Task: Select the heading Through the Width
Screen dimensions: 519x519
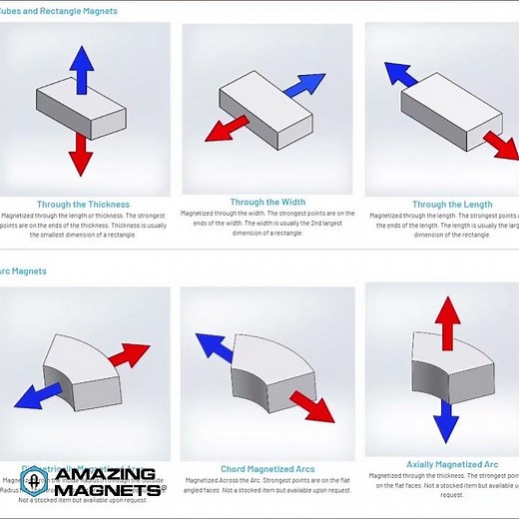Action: coord(267,202)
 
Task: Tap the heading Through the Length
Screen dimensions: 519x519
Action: coord(451,204)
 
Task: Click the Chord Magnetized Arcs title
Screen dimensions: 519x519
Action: coord(266,469)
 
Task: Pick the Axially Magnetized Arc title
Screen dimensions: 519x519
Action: coord(451,464)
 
